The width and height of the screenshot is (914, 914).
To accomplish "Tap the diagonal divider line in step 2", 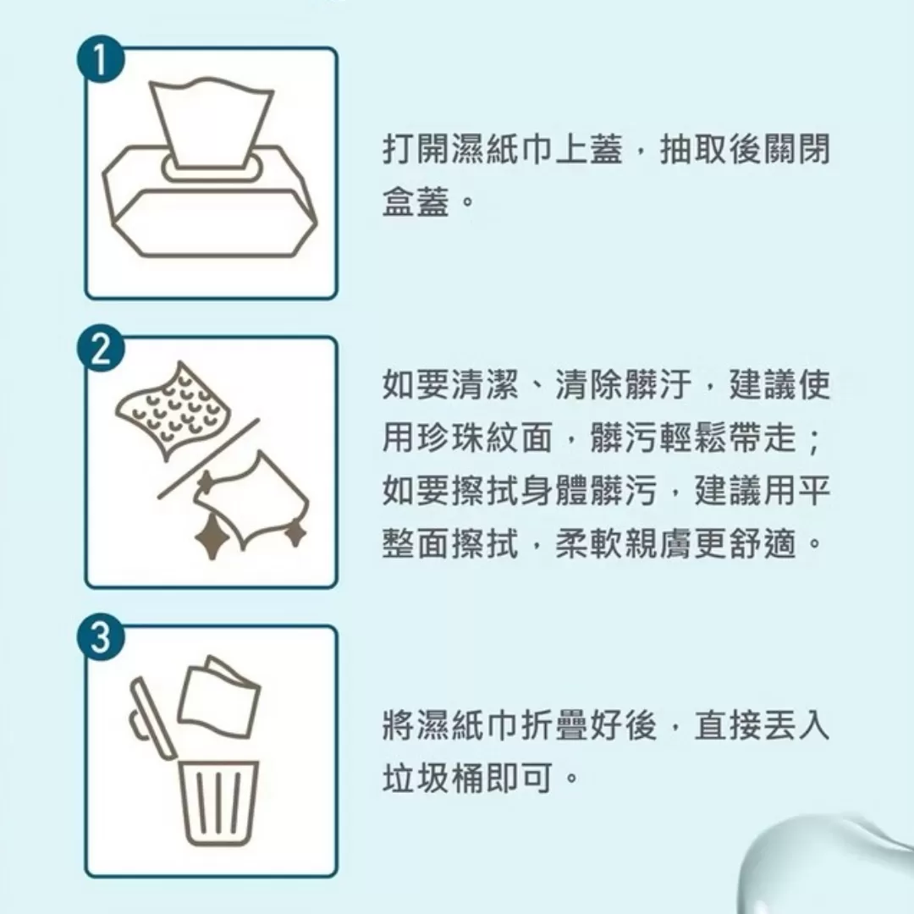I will pyautogui.click(x=207, y=458).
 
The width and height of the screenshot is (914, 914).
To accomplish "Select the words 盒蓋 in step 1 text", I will pyautogui.click(x=410, y=202).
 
